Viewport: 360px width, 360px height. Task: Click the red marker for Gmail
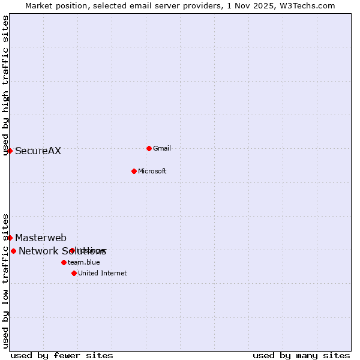tap(149, 148)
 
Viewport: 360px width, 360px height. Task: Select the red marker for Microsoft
tap(134, 171)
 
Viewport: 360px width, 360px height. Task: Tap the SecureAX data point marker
tap(10, 151)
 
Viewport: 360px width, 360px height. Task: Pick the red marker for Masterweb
tap(10, 238)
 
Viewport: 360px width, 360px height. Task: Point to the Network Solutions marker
tap(14, 251)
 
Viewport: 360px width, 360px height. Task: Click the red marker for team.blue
tap(64, 262)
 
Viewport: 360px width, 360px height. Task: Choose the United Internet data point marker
tap(74, 273)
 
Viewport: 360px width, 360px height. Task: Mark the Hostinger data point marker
tap(72, 250)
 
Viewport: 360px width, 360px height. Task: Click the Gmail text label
tap(162, 148)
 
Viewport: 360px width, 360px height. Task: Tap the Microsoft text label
tap(152, 171)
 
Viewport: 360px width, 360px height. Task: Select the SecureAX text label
tap(38, 151)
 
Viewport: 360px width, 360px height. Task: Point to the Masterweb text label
tap(41, 238)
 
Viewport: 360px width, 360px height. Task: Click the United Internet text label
tap(102, 273)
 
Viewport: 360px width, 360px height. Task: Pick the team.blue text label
tap(83, 262)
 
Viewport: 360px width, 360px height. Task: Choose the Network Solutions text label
tap(62, 251)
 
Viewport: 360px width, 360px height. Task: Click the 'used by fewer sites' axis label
tap(62, 355)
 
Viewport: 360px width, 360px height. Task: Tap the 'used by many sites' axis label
tap(301, 355)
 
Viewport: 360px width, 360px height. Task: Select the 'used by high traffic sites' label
tap(5, 85)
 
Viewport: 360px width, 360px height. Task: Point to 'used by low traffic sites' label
tap(5, 280)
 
